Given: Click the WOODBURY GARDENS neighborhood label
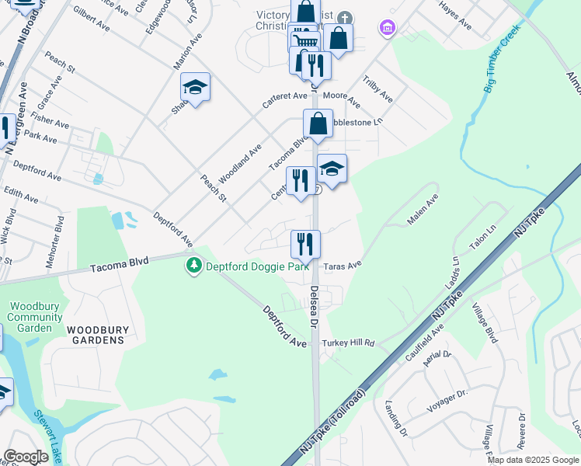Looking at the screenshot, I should point(96,335).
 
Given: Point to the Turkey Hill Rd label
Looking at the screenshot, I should point(347,343).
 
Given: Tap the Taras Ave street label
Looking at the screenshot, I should point(343,265).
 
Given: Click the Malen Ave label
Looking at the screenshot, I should point(423,210).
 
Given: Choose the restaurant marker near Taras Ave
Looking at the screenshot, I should point(306,244).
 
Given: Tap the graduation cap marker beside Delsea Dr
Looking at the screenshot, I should point(332,169).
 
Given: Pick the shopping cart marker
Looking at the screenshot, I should point(305,41).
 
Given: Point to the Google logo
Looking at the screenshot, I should point(26,457).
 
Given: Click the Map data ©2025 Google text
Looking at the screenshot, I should point(533,460).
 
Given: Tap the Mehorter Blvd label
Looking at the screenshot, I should point(60,242).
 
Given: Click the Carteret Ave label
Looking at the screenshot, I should point(285,97).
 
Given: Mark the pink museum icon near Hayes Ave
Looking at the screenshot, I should point(386,30).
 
